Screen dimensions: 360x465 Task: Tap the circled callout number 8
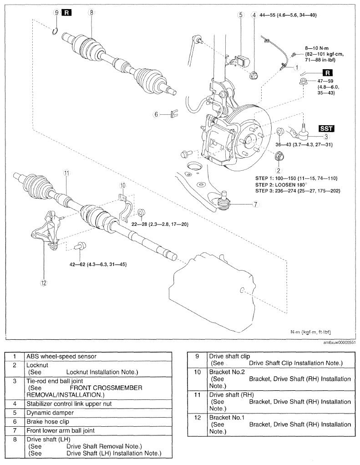[x=91, y=12]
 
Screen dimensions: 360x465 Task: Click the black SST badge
[x=326, y=129]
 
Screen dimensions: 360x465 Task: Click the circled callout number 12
[x=44, y=283]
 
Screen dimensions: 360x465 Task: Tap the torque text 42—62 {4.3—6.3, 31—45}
[x=98, y=264]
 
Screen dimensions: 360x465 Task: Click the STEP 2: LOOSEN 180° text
[x=281, y=185]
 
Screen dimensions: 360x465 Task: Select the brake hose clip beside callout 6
[x=174, y=113]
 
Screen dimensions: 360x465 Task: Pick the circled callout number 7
[x=255, y=204]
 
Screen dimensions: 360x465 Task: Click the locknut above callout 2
[x=279, y=156]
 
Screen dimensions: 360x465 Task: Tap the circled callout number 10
[x=123, y=186]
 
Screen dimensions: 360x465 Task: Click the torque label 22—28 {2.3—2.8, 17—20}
[x=160, y=225]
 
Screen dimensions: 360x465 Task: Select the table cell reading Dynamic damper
[x=98, y=413]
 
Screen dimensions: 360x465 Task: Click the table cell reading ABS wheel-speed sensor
[x=98, y=357]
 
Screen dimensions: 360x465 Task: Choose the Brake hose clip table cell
[x=98, y=422]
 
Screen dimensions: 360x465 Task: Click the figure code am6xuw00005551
[x=339, y=342]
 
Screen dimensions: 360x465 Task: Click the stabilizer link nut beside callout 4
[x=254, y=75]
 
